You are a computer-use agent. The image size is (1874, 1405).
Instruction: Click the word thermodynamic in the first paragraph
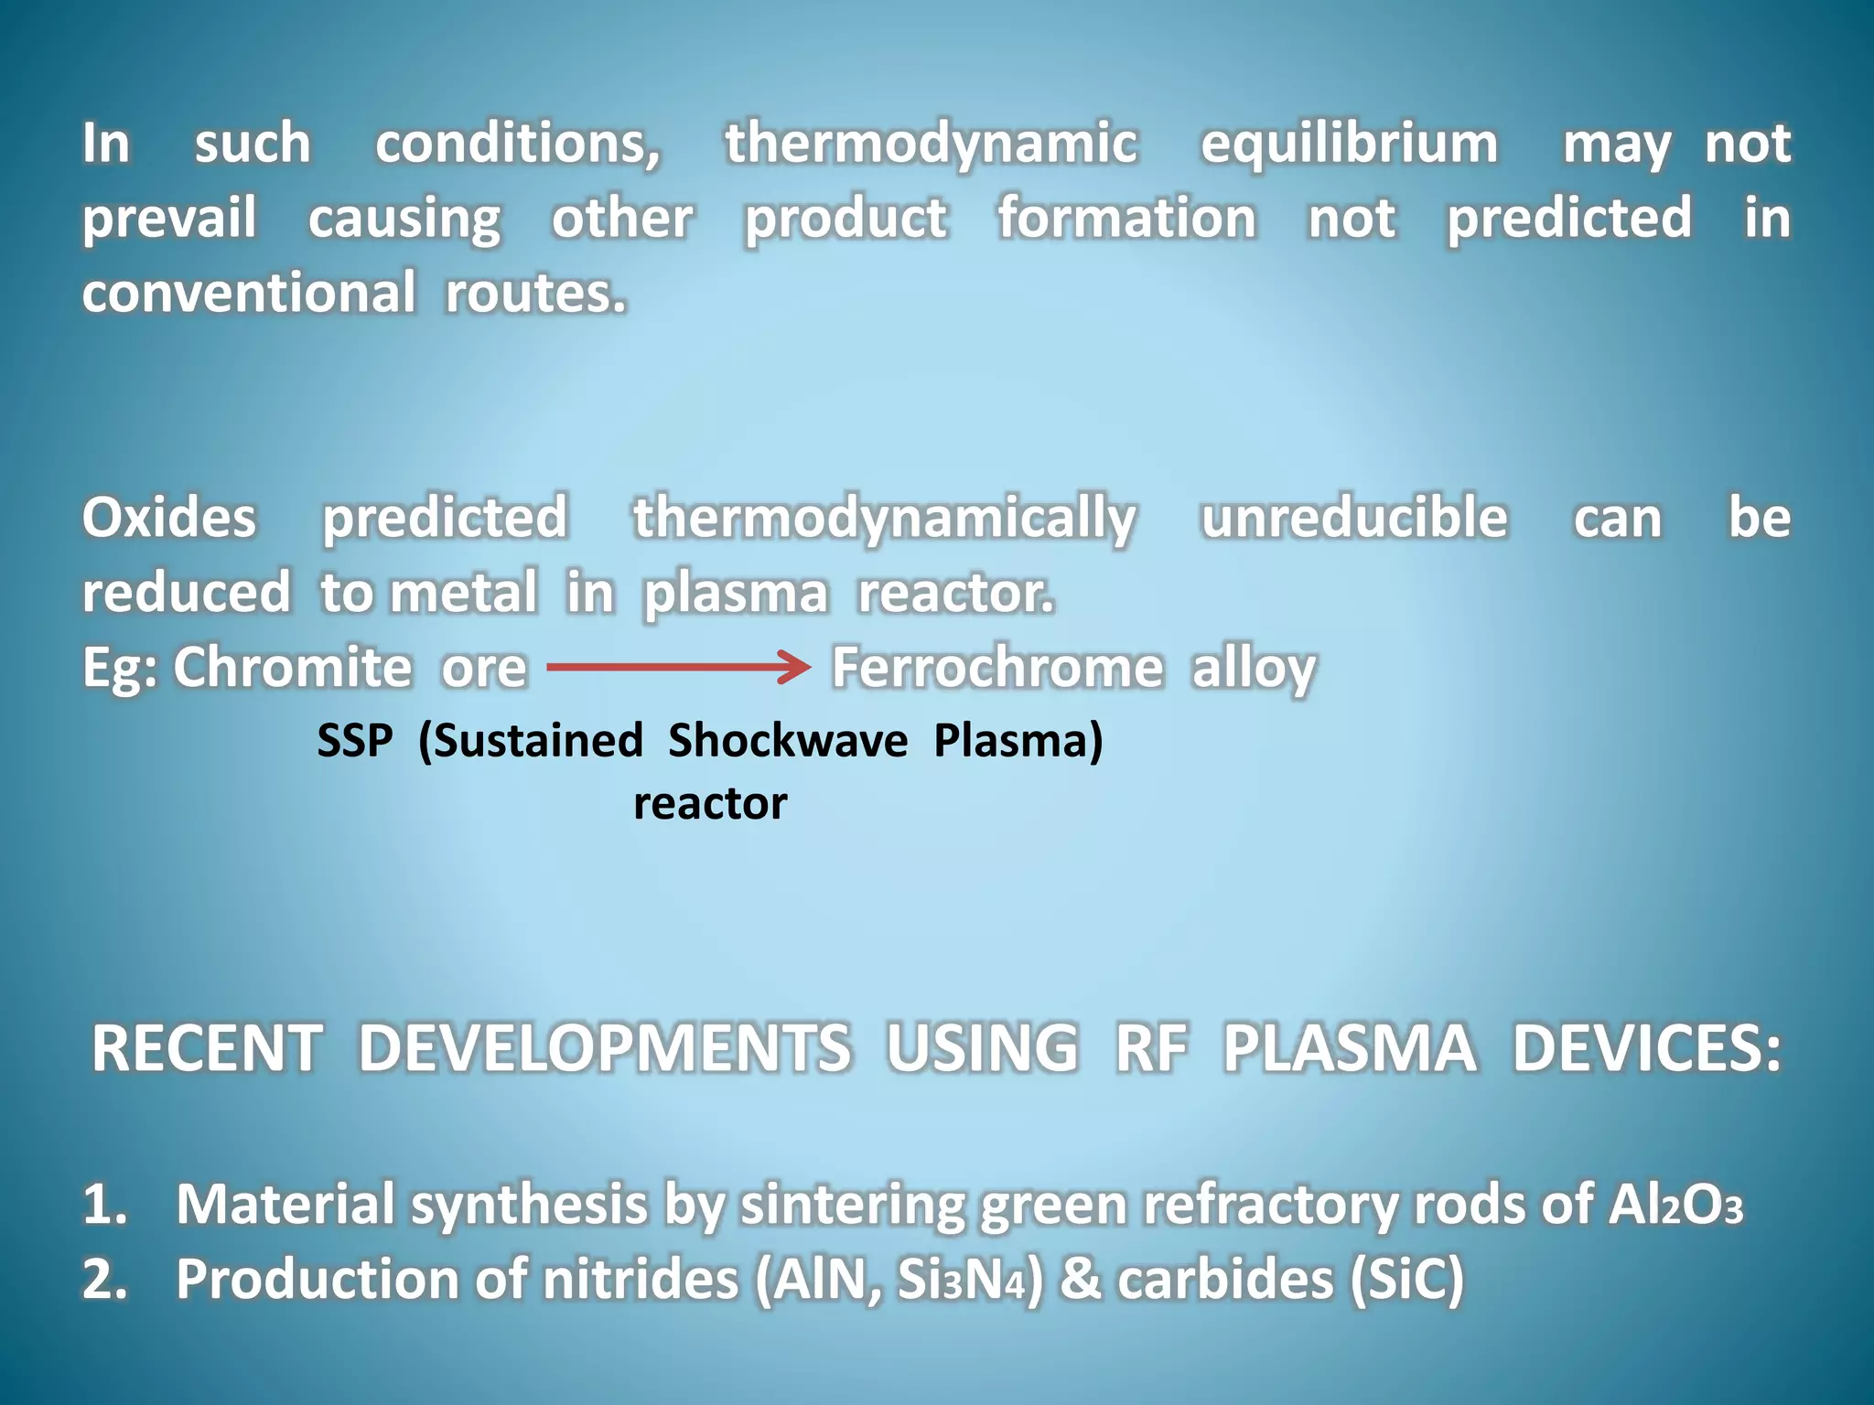point(932,145)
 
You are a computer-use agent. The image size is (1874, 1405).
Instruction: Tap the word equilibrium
point(1349,145)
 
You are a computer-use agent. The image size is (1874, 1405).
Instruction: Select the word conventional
point(249,294)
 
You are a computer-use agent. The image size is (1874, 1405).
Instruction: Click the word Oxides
point(169,518)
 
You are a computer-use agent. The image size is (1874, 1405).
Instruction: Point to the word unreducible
point(1353,518)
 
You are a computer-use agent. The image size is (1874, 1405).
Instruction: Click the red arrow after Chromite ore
point(678,667)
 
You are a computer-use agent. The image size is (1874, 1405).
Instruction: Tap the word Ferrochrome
point(996,668)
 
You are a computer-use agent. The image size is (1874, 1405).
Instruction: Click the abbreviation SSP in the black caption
point(355,740)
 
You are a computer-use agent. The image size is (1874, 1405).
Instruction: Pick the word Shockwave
point(787,740)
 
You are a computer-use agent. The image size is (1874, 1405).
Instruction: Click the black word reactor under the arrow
point(710,804)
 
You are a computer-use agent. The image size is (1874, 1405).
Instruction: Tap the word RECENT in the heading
point(207,1048)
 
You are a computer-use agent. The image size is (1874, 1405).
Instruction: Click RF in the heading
point(1151,1048)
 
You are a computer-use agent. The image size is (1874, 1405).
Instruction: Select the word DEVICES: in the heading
point(1646,1048)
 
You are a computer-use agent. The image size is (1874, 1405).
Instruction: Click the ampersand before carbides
point(1080,1279)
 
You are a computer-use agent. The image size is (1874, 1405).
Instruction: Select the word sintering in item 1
point(852,1206)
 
